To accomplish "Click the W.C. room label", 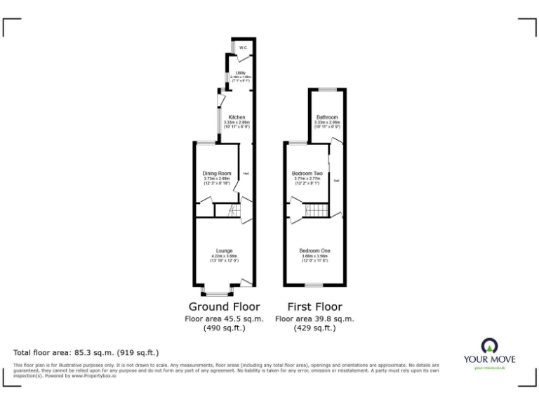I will pyautogui.click(x=243, y=48).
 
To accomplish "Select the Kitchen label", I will pyautogui.click(x=237, y=117).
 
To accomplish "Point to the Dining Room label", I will pyautogui.click(x=217, y=173).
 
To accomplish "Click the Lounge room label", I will pyautogui.click(x=224, y=251).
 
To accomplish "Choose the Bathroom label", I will pyautogui.click(x=327, y=117).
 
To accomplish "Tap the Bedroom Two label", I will pyautogui.click(x=307, y=173).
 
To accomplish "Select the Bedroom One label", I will pyautogui.click(x=315, y=251).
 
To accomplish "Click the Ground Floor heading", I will pyautogui.click(x=224, y=307).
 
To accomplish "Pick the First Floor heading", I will pyautogui.click(x=315, y=307).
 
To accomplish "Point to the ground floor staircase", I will pyautogui.click(x=227, y=211).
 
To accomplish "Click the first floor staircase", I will pyautogui.click(x=317, y=211).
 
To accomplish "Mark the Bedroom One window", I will pyautogui.click(x=314, y=285).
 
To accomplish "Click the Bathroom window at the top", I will pyautogui.click(x=327, y=89).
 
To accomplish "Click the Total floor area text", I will pyautogui.click(x=86, y=352).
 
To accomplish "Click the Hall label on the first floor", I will pyautogui.click(x=337, y=181).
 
